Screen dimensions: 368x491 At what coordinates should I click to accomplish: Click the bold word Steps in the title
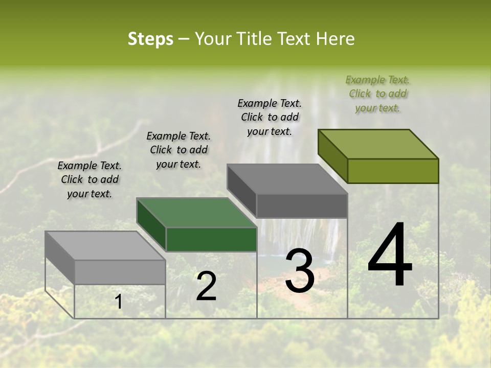(150, 39)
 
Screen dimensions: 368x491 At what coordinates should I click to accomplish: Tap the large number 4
(390, 256)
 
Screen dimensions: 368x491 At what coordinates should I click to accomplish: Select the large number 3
(300, 271)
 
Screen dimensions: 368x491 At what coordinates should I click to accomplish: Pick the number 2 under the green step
(206, 286)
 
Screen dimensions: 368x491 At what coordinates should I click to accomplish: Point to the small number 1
(119, 302)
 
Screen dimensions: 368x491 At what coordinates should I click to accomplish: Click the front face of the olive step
(393, 171)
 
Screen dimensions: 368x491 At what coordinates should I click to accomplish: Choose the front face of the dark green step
(211, 239)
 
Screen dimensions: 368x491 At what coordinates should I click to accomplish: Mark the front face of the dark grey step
(302, 205)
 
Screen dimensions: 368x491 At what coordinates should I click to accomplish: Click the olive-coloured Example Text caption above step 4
(377, 94)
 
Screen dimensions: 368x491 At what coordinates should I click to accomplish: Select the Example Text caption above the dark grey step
(270, 117)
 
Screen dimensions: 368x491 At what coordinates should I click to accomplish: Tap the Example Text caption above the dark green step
(178, 150)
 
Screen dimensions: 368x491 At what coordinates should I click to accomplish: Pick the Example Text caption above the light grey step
(90, 179)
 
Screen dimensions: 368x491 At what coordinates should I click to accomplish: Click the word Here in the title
(337, 39)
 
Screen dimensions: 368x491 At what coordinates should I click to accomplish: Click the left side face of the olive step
(333, 156)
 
